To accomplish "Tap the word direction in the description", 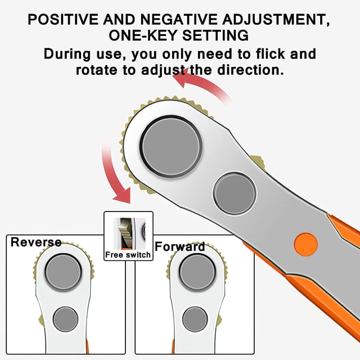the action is [x=251, y=70].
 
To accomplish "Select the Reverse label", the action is [x=36, y=242].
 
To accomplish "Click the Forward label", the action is [x=180, y=246].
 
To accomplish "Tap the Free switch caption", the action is [x=128, y=255].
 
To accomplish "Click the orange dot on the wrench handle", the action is [x=306, y=245].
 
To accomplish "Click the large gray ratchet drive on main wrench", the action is [x=171, y=147].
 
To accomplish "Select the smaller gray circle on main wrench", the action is [x=235, y=193].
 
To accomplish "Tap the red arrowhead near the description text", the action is [x=181, y=78].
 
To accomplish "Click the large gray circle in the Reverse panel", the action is [x=64, y=272].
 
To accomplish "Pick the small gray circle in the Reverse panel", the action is [x=65, y=319].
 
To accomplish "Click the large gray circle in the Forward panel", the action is [x=197, y=272].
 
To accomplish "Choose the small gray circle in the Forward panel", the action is [x=195, y=319].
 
